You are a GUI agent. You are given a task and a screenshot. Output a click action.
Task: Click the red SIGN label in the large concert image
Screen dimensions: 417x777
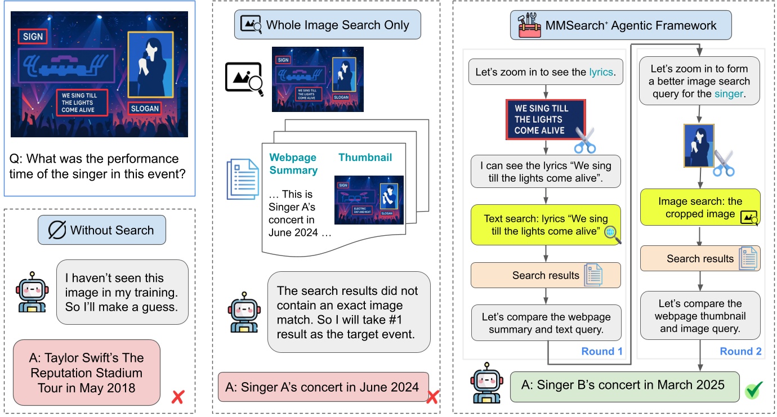(x=32, y=37)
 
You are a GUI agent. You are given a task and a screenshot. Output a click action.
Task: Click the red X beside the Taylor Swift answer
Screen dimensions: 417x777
(x=178, y=397)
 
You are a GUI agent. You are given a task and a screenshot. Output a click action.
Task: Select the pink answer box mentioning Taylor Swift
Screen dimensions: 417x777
(x=86, y=373)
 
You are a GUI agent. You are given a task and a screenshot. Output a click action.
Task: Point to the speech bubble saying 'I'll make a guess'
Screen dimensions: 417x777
(x=122, y=292)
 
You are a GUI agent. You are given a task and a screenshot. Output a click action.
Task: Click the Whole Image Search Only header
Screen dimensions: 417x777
(x=327, y=24)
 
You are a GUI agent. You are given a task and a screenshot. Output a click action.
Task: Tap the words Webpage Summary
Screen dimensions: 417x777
(x=293, y=164)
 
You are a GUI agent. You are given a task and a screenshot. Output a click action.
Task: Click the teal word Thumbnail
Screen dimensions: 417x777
(x=365, y=158)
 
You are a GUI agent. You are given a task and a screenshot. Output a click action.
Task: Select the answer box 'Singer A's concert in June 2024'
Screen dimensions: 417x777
(x=323, y=387)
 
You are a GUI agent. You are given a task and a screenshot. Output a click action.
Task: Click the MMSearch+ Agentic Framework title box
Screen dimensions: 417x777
(x=621, y=25)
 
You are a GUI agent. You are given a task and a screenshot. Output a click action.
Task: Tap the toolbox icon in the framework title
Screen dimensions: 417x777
(x=529, y=25)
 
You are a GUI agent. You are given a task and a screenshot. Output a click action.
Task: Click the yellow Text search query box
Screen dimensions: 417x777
(x=545, y=225)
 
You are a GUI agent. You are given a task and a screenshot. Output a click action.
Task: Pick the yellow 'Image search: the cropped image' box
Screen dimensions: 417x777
(x=700, y=208)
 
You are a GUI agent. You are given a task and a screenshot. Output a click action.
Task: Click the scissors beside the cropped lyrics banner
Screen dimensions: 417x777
(x=585, y=139)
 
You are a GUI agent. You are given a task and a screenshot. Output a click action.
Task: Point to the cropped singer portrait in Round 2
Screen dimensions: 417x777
(x=698, y=146)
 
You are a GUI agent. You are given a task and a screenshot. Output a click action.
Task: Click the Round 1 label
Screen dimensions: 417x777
(x=601, y=351)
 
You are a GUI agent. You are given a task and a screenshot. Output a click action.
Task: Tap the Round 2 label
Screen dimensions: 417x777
(x=740, y=351)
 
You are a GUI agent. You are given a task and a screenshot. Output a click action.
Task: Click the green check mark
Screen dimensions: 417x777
(x=753, y=389)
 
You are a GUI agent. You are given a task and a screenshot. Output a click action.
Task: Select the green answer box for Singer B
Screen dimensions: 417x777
(x=624, y=387)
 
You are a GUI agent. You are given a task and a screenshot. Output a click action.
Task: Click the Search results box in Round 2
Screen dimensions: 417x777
(x=700, y=258)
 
